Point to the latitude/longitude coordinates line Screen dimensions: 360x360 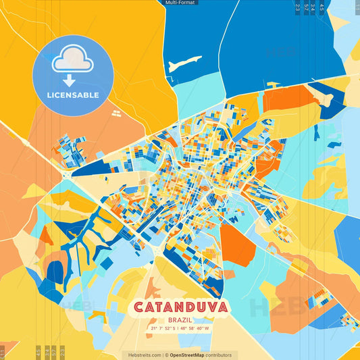point(179,329)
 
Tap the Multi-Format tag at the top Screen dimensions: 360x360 point(180,3)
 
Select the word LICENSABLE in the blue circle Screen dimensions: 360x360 point(72,95)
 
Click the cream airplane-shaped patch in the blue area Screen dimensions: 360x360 point(184,65)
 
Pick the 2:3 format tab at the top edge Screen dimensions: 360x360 point(298,7)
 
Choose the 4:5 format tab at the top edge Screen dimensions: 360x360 point(322,7)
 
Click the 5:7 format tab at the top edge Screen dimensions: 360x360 point(306,7)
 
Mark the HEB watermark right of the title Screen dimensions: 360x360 point(274,307)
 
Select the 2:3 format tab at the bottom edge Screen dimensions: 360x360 point(62,352)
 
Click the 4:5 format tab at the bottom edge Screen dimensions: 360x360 point(38,352)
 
